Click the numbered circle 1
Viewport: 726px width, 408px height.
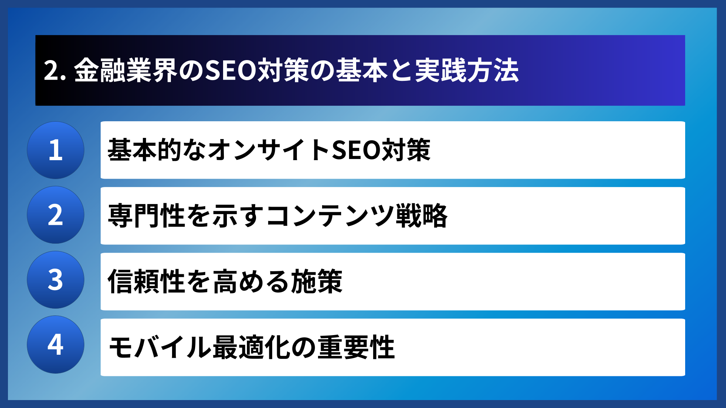tap(56, 150)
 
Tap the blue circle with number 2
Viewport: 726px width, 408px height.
tap(56, 215)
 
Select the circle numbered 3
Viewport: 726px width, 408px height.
tap(56, 280)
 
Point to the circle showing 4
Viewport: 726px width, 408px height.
tap(56, 345)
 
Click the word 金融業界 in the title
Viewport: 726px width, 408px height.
tap(126, 71)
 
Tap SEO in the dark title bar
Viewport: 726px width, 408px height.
tap(231, 71)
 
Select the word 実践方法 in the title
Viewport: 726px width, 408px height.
tap(467, 71)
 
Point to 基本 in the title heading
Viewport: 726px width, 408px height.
tap(361, 71)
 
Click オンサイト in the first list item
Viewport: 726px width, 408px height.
tap(269, 150)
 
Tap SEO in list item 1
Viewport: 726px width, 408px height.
tap(355, 150)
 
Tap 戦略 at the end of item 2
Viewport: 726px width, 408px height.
tap(422, 216)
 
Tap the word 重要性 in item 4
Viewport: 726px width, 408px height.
tap(356, 347)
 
